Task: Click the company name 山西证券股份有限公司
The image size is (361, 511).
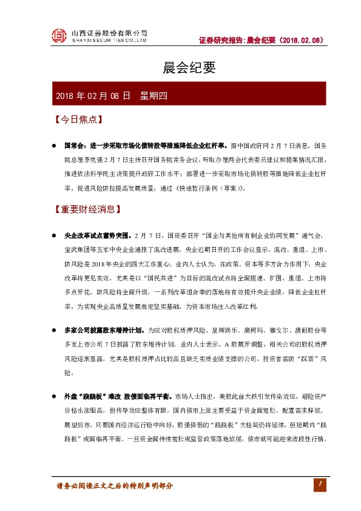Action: coord(109,33)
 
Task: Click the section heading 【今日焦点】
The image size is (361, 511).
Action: coord(77,120)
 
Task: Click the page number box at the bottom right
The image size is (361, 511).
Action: coord(319,483)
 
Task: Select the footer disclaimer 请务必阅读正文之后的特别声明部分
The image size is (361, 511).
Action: coord(115,486)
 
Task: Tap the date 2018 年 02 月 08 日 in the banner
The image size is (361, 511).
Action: coord(93,96)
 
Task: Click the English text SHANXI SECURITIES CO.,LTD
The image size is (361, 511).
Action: coord(109,41)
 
